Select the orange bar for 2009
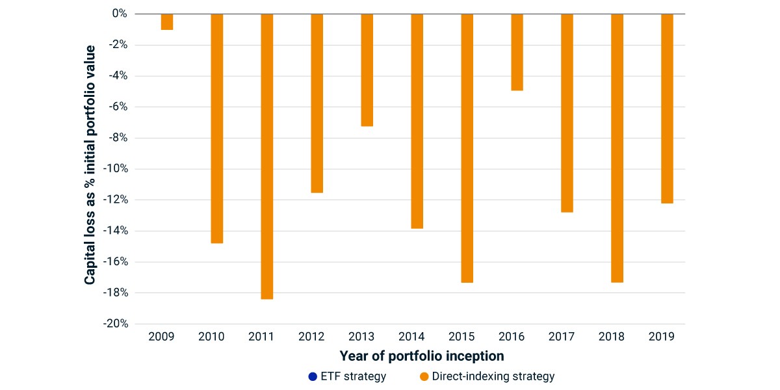pyautogui.click(x=167, y=22)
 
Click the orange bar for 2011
pyautogui.click(x=267, y=157)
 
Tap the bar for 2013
pyautogui.click(x=367, y=70)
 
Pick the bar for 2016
pyautogui.click(x=517, y=52)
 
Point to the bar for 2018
pyautogui.click(x=617, y=148)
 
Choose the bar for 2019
pyautogui.click(x=667, y=109)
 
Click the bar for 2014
pyautogui.click(x=417, y=121)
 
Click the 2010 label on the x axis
pyautogui.click(x=211, y=337)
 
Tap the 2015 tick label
pyautogui.click(x=461, y=337)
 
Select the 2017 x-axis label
pyautogui.click(x=562, y=337)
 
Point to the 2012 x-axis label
pyautogui.click(x=311, y=337)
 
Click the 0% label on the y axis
pyautogui.click(x=120, y=14)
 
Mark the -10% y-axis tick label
pyautogui.click(x=116, y=169)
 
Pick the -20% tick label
pyautogui.click(x=116, y=324)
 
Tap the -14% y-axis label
pyautogui.click(x=116, y=231)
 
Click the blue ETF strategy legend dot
pyautogui.click(x=313, y=377)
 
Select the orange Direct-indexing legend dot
pyautogui.click(x=424, y=377)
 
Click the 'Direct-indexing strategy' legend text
pyautogui.click(x=493, y=377)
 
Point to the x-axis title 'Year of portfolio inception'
pyautogui.click(x=422, y=356)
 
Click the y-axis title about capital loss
pyautogui.click(x=90, y=165)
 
